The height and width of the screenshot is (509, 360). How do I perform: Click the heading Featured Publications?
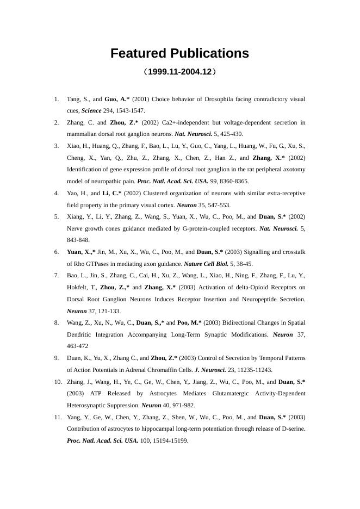point(179,53)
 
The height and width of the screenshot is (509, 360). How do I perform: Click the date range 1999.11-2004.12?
point(179,72)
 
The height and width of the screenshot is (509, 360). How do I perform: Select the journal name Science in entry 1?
point(91,110)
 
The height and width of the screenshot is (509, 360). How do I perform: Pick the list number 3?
point(57,146)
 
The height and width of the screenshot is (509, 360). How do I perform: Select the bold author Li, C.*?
point(112,193)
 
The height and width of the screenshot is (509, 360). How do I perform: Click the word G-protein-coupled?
point(208,228)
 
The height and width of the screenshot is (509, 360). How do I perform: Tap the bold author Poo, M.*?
point(190,322)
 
